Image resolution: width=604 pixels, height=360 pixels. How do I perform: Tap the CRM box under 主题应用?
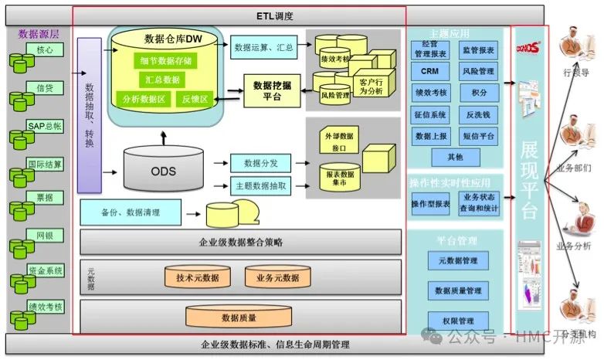[429, 71]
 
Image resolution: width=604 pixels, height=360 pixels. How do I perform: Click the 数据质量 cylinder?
[239, 317]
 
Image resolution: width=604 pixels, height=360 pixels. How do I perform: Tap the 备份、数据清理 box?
[131, 212]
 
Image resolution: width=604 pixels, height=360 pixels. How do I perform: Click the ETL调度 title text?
[274, 15]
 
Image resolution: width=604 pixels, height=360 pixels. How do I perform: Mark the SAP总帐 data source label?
[45, 126]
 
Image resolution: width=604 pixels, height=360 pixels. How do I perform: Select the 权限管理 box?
[458, 321]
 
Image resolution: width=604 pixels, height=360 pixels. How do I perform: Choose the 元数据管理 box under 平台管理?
[458, 261]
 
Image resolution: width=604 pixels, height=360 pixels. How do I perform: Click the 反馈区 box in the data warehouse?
[195, 99]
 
